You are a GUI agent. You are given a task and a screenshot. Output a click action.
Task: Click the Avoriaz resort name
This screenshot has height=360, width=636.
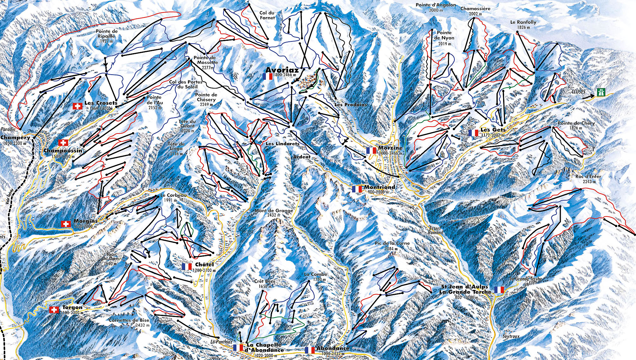[x=282, y=70]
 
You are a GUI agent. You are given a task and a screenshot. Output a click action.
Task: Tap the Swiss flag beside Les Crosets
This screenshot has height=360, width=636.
[x=78, y=106]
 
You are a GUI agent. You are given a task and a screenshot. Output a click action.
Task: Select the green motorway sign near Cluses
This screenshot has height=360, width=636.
[x=601, y=92]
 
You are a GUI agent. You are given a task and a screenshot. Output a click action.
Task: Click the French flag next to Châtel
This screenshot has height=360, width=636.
[x=187, y=267]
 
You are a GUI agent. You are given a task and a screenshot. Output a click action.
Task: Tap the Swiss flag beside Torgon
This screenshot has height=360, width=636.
[x=54, y=310]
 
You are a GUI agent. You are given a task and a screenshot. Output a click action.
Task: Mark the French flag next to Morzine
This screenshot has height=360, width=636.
[x=371, y=151]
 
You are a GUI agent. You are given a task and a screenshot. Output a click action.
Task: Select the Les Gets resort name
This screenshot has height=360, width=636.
[x=493, y=130]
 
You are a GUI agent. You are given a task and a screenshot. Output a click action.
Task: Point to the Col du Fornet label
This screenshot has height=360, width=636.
[x=267, y=15]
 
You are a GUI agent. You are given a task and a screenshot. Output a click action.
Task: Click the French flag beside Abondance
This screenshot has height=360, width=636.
[x=310, y=350]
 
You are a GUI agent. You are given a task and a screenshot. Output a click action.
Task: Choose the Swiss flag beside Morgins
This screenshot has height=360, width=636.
[x=66, y=224]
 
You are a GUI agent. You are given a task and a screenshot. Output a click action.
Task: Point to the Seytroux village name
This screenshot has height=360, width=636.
[x=511, y=336]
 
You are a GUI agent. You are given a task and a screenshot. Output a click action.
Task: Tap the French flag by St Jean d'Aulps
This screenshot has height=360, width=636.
[x=499, y=290]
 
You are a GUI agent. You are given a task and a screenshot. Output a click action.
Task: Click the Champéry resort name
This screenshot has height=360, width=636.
[x=15, y=138]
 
